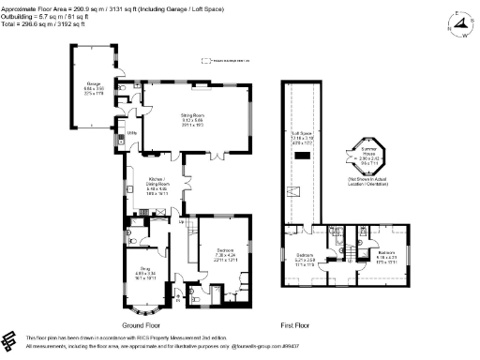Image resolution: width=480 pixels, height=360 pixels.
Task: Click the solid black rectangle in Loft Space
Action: coord(304,161)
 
